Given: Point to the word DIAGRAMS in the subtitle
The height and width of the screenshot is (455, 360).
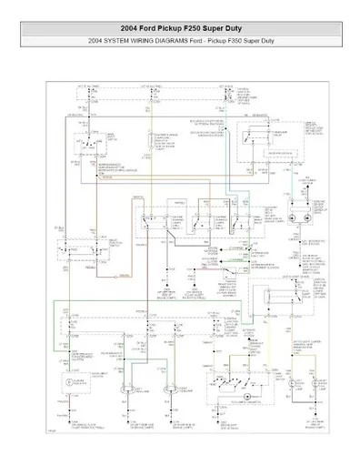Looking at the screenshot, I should (167, 43).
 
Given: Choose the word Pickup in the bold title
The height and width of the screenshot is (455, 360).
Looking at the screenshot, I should (165, 30).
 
